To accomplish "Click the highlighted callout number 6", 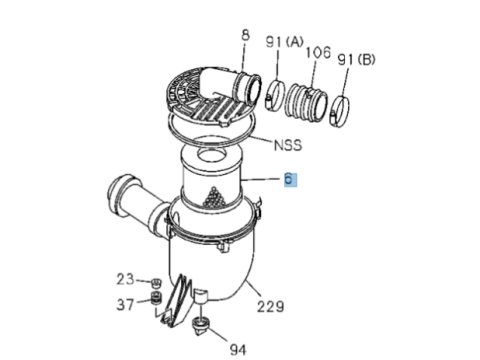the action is pos(289,179).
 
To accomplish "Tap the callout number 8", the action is pos(245,35).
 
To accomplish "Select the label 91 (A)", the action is pos(285,42).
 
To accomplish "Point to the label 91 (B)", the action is pos(356,60).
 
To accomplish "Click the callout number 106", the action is pos(318,53).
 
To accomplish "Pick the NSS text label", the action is pos(288,145).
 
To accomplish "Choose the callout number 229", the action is pos(270,306).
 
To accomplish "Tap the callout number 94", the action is pos(238,350).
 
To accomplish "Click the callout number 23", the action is pos(125,279).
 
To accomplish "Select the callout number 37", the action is pos(125,304).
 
